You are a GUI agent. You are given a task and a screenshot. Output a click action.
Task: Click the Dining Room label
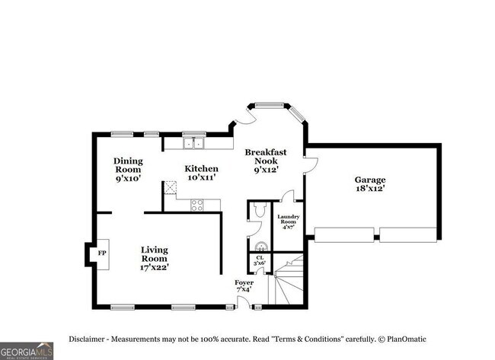(129, 169)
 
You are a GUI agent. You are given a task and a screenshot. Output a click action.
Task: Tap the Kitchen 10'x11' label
(202, 173)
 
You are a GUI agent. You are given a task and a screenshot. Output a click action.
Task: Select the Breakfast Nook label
(265, 161)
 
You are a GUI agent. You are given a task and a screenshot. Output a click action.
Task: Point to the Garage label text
(369, 183)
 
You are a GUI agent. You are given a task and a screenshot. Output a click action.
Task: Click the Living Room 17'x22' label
(155, 257)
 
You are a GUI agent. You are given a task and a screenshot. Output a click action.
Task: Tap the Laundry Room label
(288, 221)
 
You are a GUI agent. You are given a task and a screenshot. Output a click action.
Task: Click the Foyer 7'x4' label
(244, 287)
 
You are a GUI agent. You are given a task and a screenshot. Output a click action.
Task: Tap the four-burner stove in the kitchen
(196, 203)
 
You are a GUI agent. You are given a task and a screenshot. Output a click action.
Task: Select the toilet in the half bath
(257, 211)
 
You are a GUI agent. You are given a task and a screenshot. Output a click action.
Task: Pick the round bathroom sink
(260, 245)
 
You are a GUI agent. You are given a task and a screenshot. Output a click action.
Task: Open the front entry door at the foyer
(244, 302)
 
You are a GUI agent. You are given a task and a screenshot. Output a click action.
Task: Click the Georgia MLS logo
(27, 351)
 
